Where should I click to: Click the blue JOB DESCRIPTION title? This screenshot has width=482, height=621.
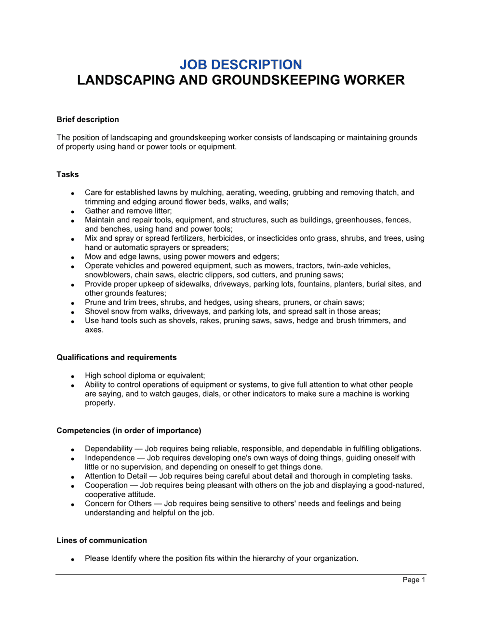(x=241, y=65)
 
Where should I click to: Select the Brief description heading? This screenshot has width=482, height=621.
(x=88, y=119)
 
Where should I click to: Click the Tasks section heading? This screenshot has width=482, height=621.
(x=67, y=174)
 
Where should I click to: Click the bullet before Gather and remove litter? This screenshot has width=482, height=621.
(x=72, y=211)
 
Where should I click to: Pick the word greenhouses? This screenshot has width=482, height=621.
(x=359, y=220)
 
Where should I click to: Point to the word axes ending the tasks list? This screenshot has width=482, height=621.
(x=94, y=330)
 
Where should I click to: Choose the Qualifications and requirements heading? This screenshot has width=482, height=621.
(x=117, y=357)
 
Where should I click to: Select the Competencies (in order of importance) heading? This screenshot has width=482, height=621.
(x=129, y=430)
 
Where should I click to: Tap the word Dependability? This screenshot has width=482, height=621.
(x=108, y=449)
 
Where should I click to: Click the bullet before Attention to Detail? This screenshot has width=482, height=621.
(x=72, y=477)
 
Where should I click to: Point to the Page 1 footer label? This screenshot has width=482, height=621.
(x=414, y=580)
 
